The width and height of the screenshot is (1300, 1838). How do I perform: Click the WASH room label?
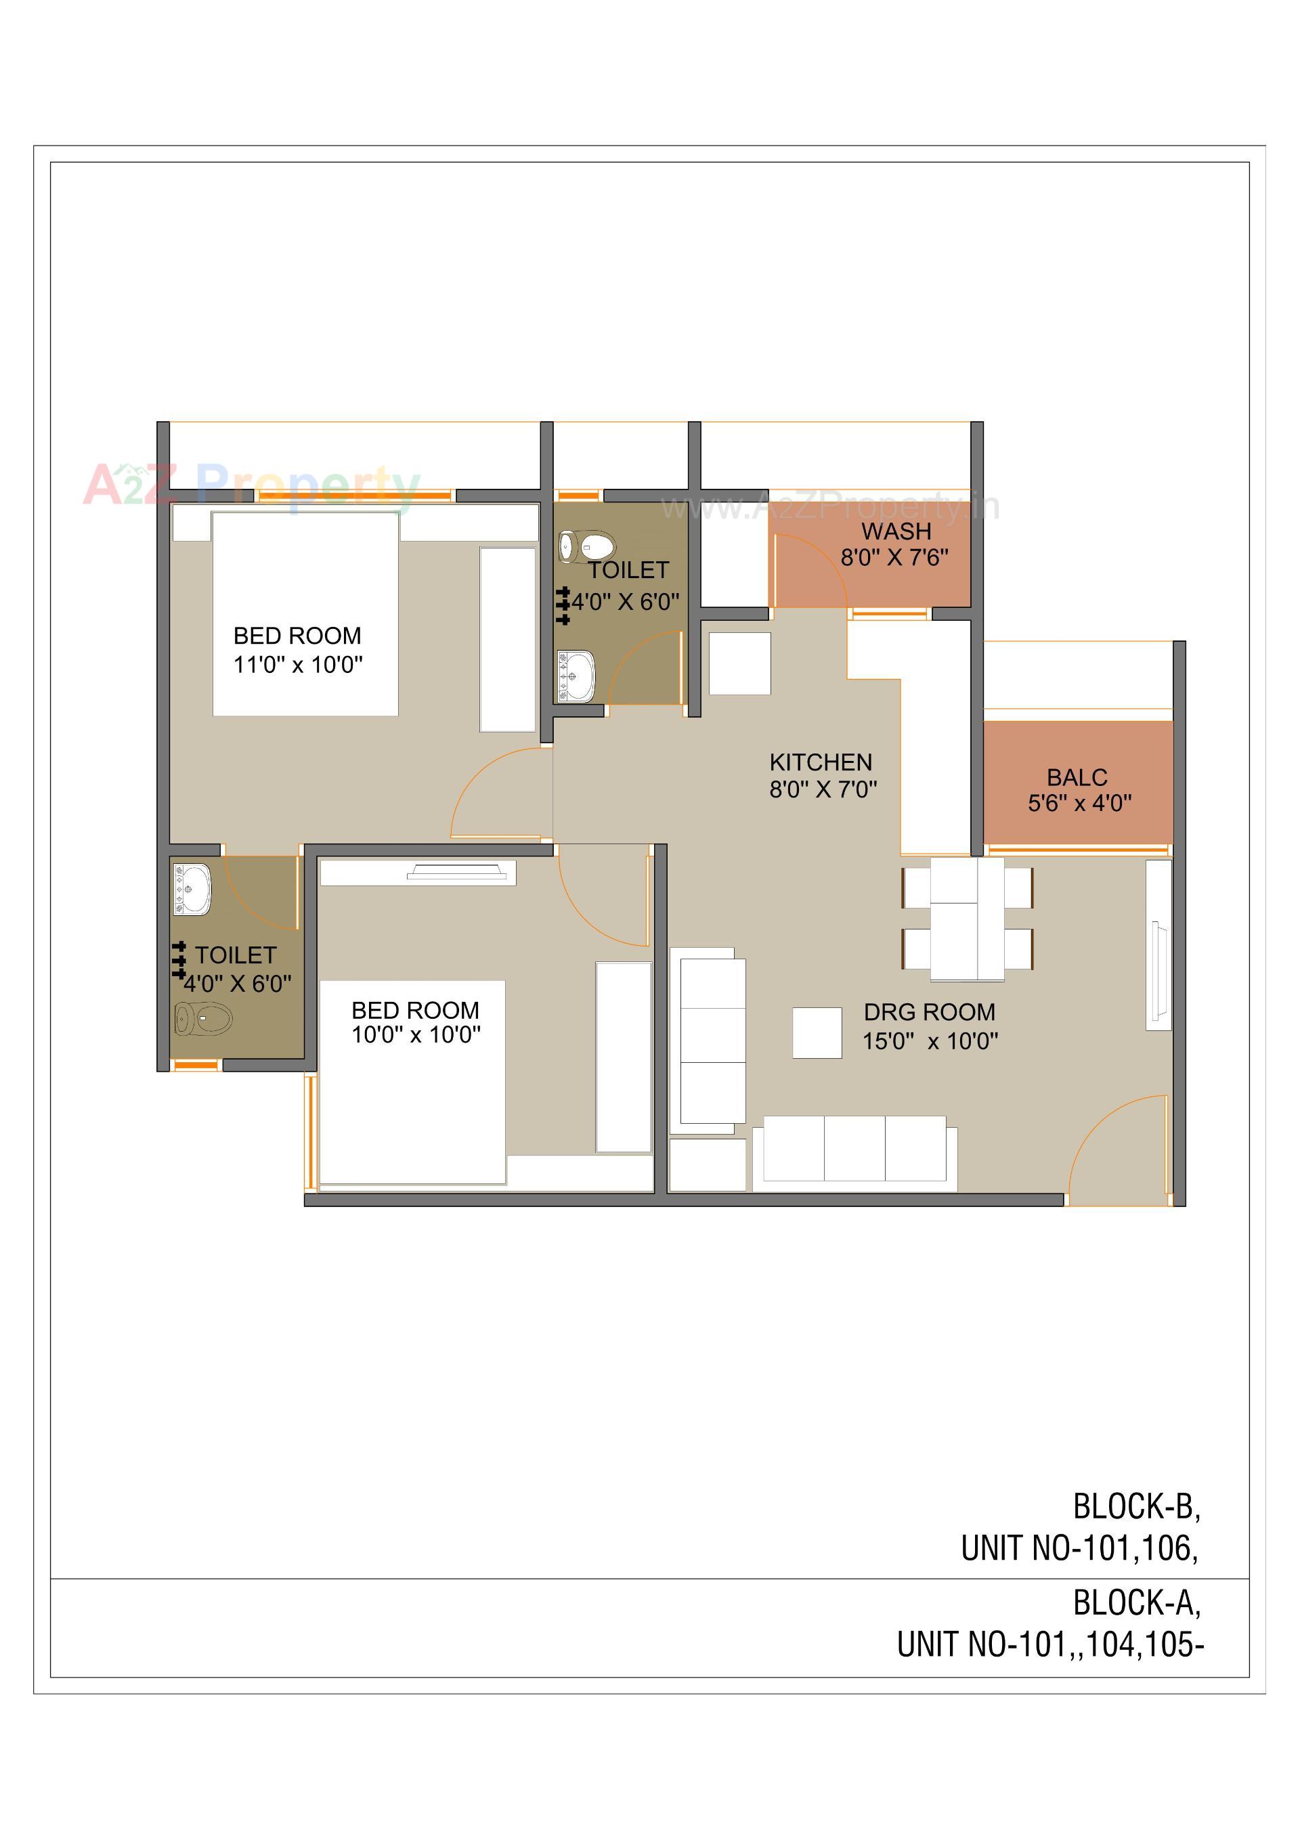coord(896,531)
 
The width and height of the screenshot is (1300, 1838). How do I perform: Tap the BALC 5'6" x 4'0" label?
coord(1079,790)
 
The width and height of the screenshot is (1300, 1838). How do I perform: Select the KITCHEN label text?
coord(821,762)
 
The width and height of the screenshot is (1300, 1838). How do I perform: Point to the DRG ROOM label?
coord(930,1013)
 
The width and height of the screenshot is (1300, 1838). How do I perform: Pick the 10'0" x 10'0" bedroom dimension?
coord(416,1035)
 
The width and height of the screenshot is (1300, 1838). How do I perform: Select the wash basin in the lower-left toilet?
coord(192,889)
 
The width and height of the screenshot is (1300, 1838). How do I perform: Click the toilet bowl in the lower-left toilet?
coord(203,1020)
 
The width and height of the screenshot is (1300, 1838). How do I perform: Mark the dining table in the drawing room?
coord(967,919)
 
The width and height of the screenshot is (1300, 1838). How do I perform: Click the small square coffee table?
coord(817,1032)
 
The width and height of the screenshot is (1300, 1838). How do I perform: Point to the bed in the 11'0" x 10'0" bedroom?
coord(305,613)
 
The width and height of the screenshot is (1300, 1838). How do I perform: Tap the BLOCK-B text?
coord(1136,1506)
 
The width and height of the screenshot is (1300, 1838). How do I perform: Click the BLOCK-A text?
coord(1136,1602)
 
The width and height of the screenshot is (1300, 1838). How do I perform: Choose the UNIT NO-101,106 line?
coord(1079,1548)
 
